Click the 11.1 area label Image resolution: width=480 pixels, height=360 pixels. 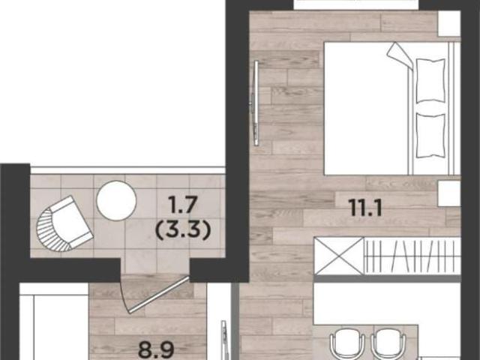tap(366, 209)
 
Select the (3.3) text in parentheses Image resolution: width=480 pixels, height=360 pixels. tap(183, 230)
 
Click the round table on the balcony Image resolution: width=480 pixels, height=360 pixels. tap(116, 200)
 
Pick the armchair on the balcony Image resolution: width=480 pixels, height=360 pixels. tap(64, 223)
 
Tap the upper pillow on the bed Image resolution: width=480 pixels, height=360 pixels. tap(430, 80)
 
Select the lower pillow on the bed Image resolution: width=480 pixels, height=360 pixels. tap(430, 136)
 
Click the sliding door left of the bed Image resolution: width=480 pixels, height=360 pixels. tap(255, 103)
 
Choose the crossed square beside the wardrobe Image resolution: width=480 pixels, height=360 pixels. tap(339, 256)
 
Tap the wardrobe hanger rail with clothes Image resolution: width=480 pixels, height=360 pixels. tap(412, 256)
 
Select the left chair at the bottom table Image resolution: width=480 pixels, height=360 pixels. tap(347, 344)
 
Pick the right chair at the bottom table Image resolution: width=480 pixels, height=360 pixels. tap(388, 344)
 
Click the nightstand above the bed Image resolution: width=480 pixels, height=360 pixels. tap(449, 24)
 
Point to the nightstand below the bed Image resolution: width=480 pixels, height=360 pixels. tap(449, 193)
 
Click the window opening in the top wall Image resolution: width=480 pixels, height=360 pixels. tap(356, 5)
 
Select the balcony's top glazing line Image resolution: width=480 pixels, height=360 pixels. tap(128, 170)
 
